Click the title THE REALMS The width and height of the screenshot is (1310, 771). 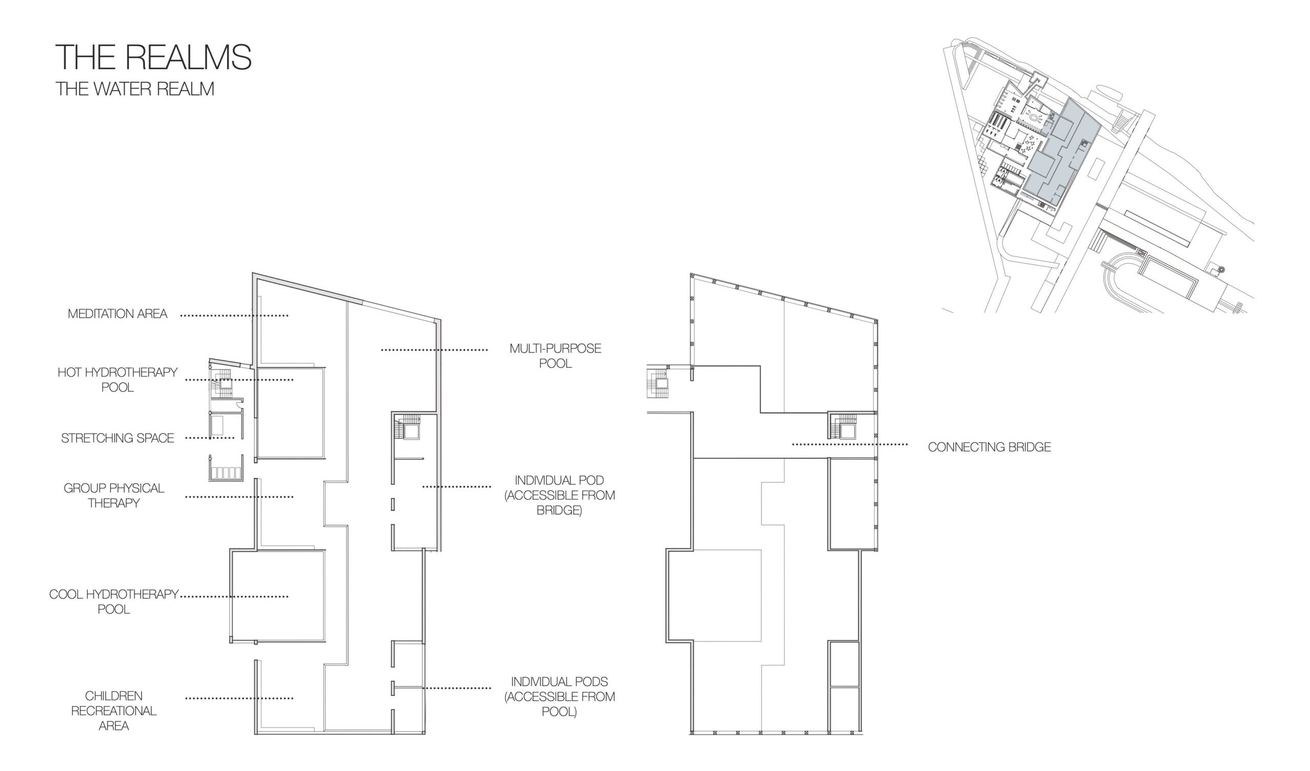click(154, 57)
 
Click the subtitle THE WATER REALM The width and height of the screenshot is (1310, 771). click(135, 89)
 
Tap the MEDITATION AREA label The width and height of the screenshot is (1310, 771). click(118, 314)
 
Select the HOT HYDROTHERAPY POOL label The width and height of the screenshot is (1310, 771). click(118, 380)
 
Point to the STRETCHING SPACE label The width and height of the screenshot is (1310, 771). click(118, 438)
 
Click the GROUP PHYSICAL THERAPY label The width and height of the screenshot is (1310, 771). click(114, 495)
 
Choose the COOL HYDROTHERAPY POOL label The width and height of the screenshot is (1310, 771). click(114, 602)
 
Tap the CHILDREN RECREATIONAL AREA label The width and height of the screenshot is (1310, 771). click(114, 711)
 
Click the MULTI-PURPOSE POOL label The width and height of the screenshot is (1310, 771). click(555, 356)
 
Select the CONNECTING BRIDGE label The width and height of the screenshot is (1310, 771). click(989, 447)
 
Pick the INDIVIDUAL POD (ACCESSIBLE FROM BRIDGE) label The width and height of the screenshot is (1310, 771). click(559, 495)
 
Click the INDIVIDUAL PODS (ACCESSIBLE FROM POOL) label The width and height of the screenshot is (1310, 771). click(559, 697)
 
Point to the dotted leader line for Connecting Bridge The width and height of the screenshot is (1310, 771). click(850, 444)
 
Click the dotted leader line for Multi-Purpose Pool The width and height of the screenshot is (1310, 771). click(434, 350)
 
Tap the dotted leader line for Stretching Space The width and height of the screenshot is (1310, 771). click(210, 438)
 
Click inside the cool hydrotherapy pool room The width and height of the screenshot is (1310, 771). click(278, 596)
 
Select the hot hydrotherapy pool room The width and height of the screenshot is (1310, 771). click(291, 413)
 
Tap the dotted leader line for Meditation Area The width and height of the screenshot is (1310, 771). click(234, 315)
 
